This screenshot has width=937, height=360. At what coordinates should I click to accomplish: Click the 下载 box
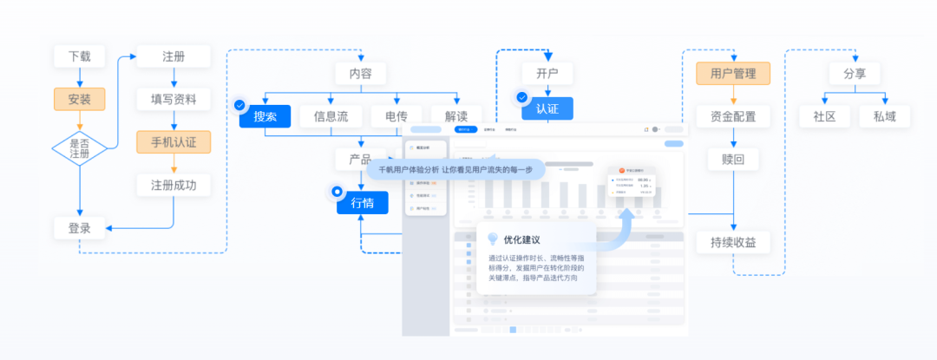tap(79, 57)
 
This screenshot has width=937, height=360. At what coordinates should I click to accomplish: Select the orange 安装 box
tap(79, 99)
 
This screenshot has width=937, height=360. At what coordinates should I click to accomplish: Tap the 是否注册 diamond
tap(79, 147)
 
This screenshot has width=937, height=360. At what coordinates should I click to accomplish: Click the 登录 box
tap(79, 229)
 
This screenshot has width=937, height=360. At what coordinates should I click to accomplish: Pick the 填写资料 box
tap(174, 99)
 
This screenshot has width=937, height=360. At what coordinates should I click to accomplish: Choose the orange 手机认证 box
tap(174, 141)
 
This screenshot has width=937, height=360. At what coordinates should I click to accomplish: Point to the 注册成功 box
tap(174, 185)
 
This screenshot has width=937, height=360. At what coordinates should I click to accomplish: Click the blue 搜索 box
tap(265, 116)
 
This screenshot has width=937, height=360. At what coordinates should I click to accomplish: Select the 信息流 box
tap(331, 116)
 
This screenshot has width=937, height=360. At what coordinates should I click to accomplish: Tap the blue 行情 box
tap(363, 203)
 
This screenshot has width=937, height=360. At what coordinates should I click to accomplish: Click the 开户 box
tap(547, 74)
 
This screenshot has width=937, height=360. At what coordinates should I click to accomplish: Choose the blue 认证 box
tap(547, 108)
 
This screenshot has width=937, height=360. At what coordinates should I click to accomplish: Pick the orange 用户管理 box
tap(733, 74)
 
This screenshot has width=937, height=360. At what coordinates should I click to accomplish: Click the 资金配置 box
tap(733, 116)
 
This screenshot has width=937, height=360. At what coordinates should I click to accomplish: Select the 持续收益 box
tap(739, 243)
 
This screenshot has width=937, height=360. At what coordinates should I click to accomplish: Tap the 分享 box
tap(842, 74)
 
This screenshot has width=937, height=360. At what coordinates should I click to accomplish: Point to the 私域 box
tap(885, 116)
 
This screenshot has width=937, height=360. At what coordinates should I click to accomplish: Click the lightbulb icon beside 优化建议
tap(493, 239)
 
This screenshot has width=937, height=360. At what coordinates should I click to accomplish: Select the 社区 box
tap(824, 116)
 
